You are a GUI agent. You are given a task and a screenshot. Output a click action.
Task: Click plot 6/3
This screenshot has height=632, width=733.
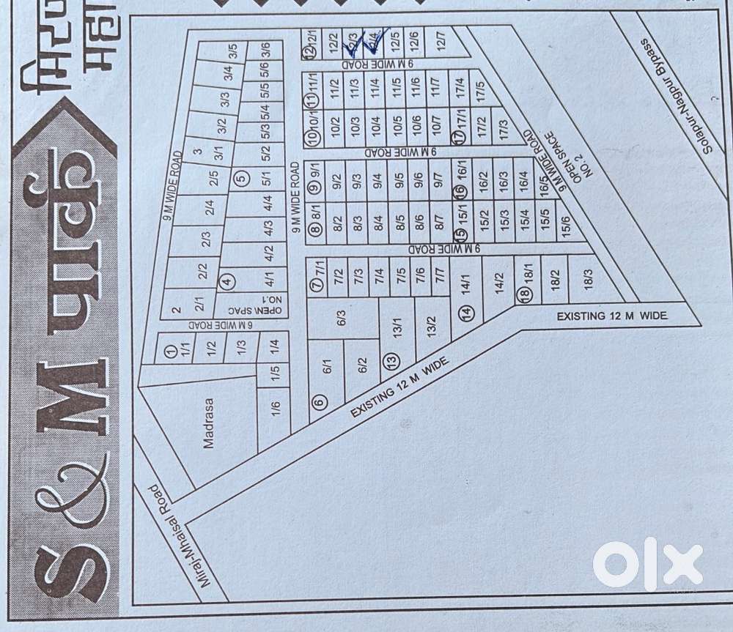[x=341, y=316]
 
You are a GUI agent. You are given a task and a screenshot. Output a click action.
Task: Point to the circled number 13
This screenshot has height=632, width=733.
[x=392, y=360]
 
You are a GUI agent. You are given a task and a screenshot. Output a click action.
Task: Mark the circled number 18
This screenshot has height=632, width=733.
[x=523, y=294]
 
